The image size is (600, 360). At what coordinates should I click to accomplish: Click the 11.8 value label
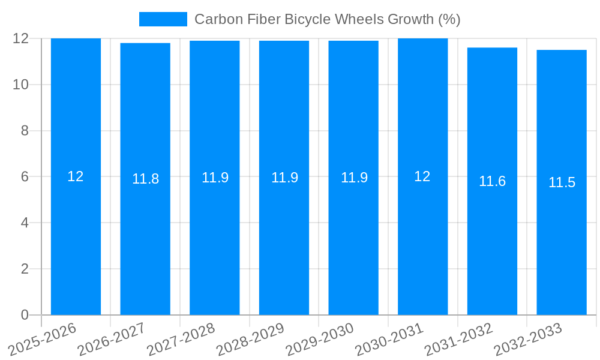pyautogui.click(x=145, y=179)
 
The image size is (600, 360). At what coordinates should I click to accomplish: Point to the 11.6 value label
pyautogui.click(x=492, y=181)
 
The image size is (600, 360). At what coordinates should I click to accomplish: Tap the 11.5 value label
pyautogui.click(x=562, y=182)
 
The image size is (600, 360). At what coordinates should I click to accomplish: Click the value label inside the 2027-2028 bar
pyautogui.click(x=215, y=178)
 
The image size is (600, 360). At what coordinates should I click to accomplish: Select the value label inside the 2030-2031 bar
pyautogui.click(x=422, y=176)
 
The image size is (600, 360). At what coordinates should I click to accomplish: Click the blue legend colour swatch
pyautogui.click(x=163, y=19)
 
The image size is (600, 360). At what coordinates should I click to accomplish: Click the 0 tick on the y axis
pyautogui.click(x=25, y=315)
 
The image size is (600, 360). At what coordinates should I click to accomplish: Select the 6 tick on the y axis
pyautogui.click(x=25, y=177)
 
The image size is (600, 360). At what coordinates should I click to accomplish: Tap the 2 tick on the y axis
pyautogui.click(x=25, y=269)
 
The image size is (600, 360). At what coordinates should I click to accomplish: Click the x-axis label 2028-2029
pyautogui.click(x=250, y=340)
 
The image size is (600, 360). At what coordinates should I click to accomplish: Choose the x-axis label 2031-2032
pyautogui.click(x=458, y=340)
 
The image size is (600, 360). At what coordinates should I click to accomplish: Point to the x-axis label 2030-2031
pyautogui.click(x=389, y=340)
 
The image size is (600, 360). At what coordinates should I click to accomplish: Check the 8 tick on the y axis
pyautogui.click(x=25, y=131)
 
